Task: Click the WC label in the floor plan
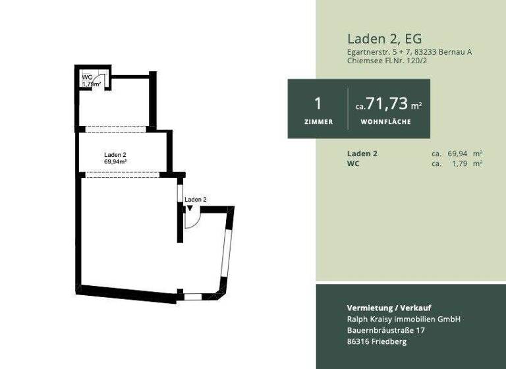(x=86, y=78)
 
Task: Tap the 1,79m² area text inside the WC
(x=92, y=84)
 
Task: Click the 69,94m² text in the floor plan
(x=115, y=161)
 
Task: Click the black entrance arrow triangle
(x=190, y=208)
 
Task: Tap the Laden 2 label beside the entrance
(x=196, y=199)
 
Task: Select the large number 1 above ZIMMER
(x=318, y=103)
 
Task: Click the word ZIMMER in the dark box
(x=318, y=122)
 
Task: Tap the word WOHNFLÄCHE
(x=386, y=122)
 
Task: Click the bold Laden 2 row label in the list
(x=362, y=154)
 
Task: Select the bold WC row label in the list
(x=353, y=163)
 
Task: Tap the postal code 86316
(x=360, y=341)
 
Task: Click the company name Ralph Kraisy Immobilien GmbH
(x=403, y=319)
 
